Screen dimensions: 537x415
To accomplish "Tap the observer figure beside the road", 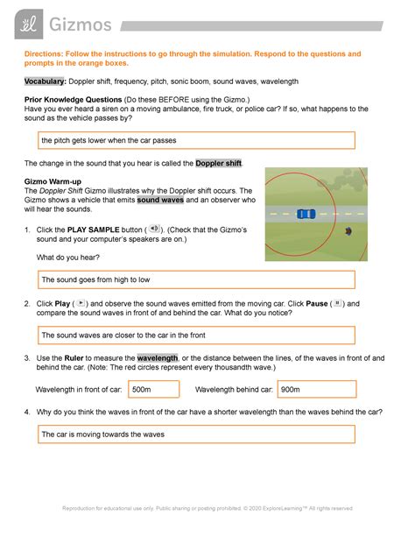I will point(349,231).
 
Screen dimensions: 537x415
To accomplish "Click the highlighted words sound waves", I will point(160,200).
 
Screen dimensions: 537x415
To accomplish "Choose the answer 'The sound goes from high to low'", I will point(96,279).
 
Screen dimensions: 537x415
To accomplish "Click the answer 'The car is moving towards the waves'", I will point(102,434).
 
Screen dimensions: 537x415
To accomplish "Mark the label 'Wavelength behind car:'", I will point(234,390).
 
